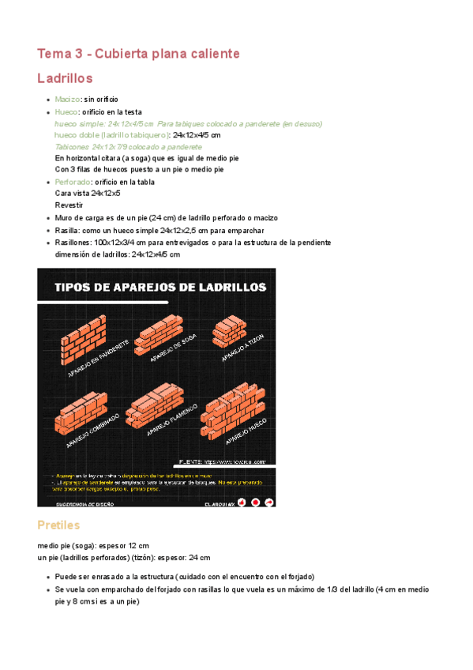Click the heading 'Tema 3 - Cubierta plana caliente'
[x=138, y=54]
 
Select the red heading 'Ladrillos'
[x=66, y=78]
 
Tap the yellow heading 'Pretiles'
[x=58, y=525]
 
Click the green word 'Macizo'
[x=67, y=100]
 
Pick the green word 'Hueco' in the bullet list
[x=66, y=112]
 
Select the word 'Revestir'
[x=69, y=205]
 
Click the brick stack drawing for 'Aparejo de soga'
[x=160, y=334]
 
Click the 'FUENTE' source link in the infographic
[x=222, y=461]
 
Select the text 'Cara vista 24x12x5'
[x=88, y=194]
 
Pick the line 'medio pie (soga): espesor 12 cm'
[x=93, y=546]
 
